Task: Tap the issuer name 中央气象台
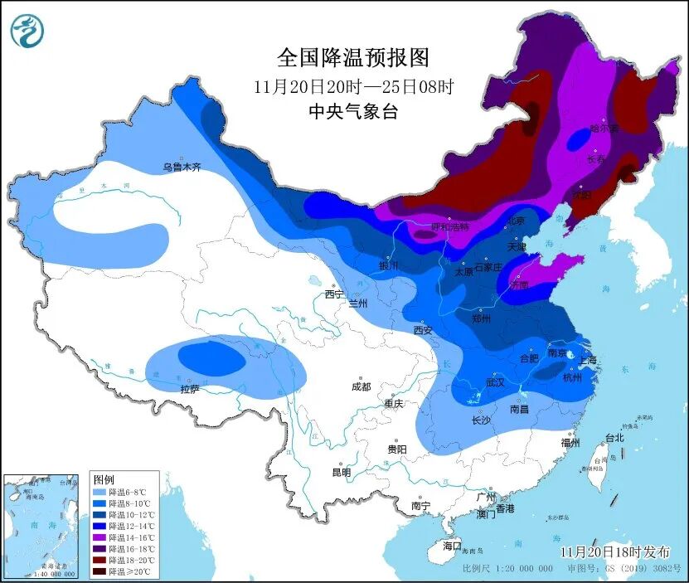pos(353,112)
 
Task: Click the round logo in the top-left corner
pos(27,31)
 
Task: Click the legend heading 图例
pos(104,479)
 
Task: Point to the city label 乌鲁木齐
pos(182,168)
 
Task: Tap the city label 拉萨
pos(190,389)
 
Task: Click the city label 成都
pos(361,386)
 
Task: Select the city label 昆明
pos(342,473)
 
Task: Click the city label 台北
pos(614,437)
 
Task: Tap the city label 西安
pos(423,330)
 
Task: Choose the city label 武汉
pos(496,383)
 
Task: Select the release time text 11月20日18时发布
pos(614,551)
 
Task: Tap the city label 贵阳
pos(397,449)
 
